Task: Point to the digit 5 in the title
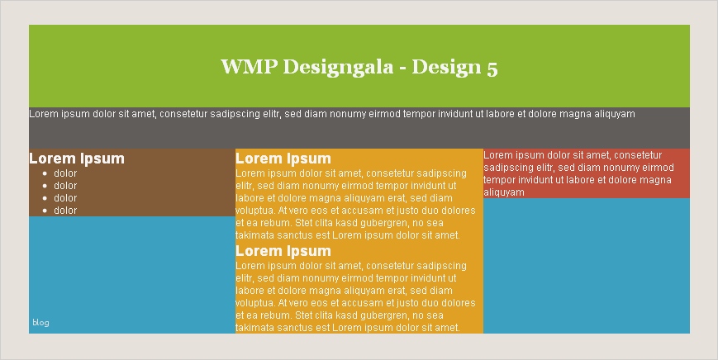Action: pyautogui.click(x=492, y=68)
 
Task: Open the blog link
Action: pyautogui.click(x=40, y=323)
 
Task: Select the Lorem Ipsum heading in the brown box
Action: pyautogui.click(x=77, y=159)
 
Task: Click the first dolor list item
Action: pyautogui.click(x=65, y=173)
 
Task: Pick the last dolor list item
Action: pyautogui.click(x=65, y=211)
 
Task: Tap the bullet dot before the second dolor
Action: pyautogui.click(x=45, y=186)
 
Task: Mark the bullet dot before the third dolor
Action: pyautogui.click(x=45, y=198)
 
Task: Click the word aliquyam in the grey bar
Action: pyautogui.click(x=615, y=114)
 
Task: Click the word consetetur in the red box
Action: pyautogui.click(x=638, y=155)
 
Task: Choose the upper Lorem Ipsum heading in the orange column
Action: pyautogui.click(x=283, y=159)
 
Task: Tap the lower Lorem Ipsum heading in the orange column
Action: pyautogui.click(x=283, y=251)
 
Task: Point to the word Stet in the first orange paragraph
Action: pyautogui.click(x=305, y=223)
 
